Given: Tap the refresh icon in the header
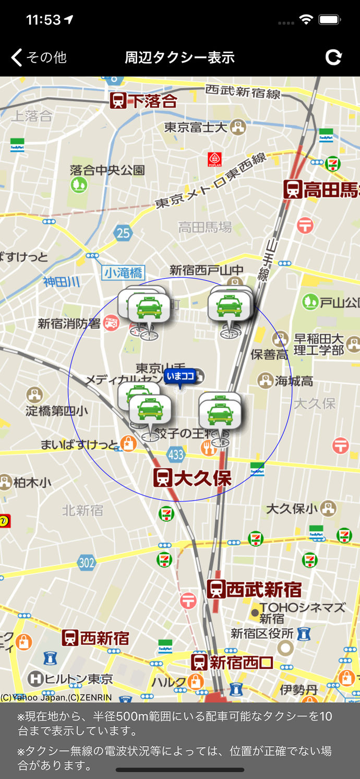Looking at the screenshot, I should tap(333, 57).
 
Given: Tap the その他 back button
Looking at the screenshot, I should tap(39, 57).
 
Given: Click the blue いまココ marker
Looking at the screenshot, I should tap(180, 376).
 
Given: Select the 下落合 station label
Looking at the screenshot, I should tap(144, 101).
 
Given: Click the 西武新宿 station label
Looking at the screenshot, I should tap(255, 590).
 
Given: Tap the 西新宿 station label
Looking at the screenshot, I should tap(95, 638).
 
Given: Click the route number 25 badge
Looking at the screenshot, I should tap(123, 232).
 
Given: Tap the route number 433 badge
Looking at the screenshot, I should tap(176, 454).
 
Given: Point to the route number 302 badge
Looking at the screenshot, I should tap(87, 562).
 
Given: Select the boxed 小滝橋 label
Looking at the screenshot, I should tap(124, 272).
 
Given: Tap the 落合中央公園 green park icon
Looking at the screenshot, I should tap(79, 184).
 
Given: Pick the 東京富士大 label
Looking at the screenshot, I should tap(196, 127).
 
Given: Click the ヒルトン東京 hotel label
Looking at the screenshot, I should tap(70, 679).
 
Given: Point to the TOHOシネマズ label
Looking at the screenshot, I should tap(302, 608).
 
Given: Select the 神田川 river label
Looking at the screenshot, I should tap(62, 282).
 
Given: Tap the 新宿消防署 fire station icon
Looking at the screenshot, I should tap(111, 323).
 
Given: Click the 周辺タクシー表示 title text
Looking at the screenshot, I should tap(179, 57).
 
